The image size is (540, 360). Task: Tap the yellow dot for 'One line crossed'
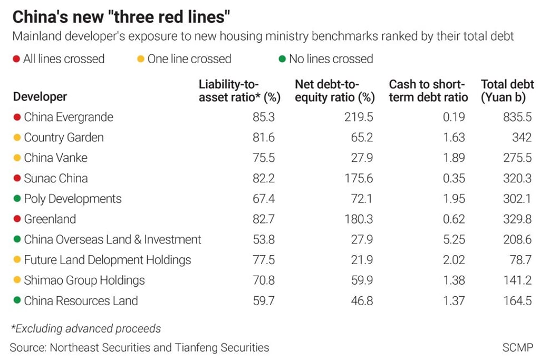pyautogui.click(x=141, y=59)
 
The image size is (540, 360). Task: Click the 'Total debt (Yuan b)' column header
pyautogui.click(x=507, y=91)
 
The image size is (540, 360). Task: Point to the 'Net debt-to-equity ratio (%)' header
pyautogui.click(x=335, y=91)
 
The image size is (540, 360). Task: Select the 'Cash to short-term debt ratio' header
pyautogui.click(x=428, y=91)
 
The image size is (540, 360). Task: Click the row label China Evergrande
pyautogui.click(x=69, y=117)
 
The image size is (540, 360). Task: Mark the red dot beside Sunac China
pyautogui.click(x=17, y=179)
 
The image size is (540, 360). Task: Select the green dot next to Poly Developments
pyautogui.click(x=17, y=199)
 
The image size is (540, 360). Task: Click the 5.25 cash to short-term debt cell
pyautogui.click(x=454, y=240)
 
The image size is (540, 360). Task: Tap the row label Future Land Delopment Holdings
pyautogui.click(x=107, y=260)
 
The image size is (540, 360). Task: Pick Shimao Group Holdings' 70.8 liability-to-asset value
pyautogui.click(x=263, y=280)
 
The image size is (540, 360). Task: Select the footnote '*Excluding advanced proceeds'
pyautogui.click(x=85, y=329)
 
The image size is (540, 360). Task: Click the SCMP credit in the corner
pyautogui.click(x=517, y=347)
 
